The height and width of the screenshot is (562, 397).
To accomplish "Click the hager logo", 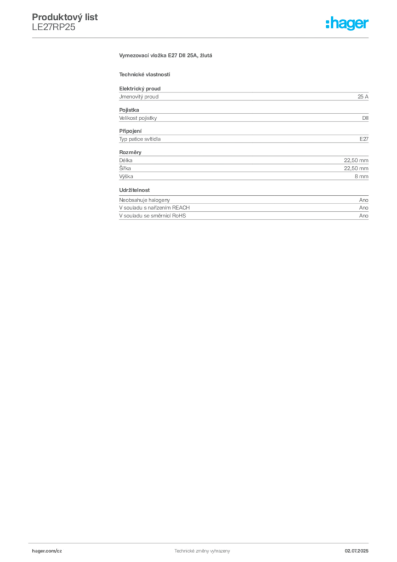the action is (x=347, y=23).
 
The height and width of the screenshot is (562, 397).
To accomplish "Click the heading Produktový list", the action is (x=65, y=17).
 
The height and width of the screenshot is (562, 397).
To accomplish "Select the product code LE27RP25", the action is (x=54, y=27).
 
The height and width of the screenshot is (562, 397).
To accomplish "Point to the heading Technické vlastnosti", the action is (x=145, y=75).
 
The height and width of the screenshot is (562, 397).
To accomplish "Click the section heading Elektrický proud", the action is (x=140, y=88).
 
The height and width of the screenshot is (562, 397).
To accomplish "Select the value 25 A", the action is (x=363, y=97).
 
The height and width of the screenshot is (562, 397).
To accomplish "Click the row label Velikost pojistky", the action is (x=138, y=118).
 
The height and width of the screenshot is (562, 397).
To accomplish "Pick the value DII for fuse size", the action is (x=365, y=118).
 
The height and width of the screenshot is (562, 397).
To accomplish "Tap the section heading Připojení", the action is (x=131, y=131).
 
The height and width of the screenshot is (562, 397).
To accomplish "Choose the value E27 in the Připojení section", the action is (x=364, y=139).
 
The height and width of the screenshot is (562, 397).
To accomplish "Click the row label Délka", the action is (x=126, y=160).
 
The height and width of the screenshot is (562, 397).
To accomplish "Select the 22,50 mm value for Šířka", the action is (x=356, y=168).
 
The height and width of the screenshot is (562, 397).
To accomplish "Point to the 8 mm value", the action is (x=361, y=176).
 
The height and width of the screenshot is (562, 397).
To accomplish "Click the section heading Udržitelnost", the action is (x=134, y=190).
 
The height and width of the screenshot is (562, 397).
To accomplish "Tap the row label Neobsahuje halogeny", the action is (x=144, y=200).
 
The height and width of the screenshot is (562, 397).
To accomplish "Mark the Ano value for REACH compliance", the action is (x=364, y=208).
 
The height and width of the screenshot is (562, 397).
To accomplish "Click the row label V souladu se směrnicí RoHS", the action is (x=152, y=216).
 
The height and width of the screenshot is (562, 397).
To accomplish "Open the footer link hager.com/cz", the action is (x=47, y=551).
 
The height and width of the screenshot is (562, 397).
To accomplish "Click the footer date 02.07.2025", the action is (x=356, y=551).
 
